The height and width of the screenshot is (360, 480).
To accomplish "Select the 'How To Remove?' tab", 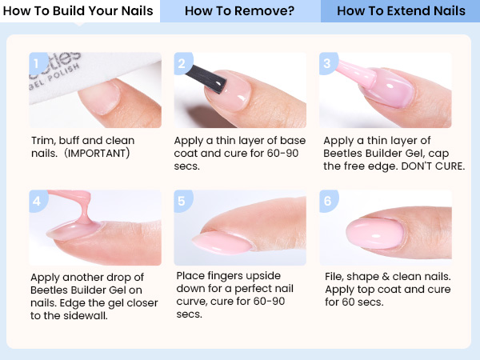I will pyautogui.click(x=239, y=11).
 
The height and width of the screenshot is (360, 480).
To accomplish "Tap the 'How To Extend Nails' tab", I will pyautogui.click(x=401, y=11).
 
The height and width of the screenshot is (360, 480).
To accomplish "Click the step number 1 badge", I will pyautogui.click(x=35, y=63).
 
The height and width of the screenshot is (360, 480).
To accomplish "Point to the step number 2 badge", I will pyautogui.click(x=182, y=63).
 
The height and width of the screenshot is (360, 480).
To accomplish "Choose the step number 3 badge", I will pyautogui.click(x=326, y=63).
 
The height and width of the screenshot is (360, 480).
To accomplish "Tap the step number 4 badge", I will pyautogui.click(x=35, y=201).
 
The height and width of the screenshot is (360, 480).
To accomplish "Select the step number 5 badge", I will pyautogui.click(x=182, y=201).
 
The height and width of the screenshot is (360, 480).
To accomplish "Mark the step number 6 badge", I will pyautogui.click(x=326, y=201).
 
